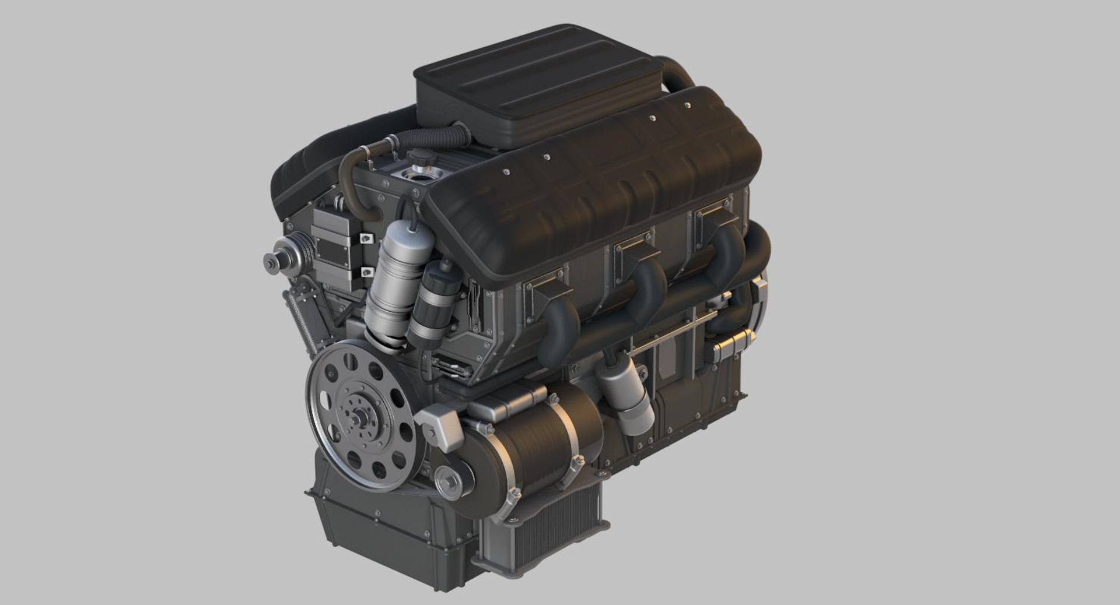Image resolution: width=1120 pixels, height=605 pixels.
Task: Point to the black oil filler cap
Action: [x=418, y=158]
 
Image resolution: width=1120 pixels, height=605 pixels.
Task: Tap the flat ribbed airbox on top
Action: [x=537, y=82]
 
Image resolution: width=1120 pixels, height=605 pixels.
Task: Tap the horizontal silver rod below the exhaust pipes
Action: [x=671, y=332]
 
